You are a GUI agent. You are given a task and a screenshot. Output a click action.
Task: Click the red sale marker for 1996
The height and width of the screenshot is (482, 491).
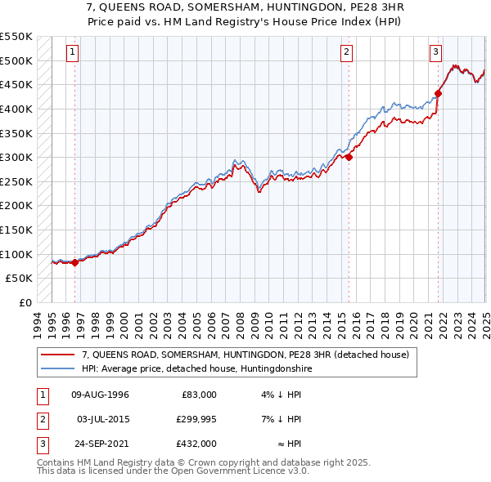click(74, 262)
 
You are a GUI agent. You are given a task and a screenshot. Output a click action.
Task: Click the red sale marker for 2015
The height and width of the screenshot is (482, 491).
click(349, 157)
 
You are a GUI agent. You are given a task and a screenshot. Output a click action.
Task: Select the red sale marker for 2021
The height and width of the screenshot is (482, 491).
click(438, 93)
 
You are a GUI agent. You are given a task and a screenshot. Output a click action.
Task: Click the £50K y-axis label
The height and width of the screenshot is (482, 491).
click(19, 279)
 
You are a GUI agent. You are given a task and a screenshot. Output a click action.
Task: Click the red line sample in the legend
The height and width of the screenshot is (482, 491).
click(59, 355)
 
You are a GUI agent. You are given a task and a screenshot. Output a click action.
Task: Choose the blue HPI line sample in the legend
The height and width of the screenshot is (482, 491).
click(59, 368)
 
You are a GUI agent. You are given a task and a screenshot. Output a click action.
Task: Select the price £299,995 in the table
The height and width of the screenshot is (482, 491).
click(196, 420)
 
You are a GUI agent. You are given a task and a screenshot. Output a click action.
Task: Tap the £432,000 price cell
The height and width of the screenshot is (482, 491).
click(196, 444)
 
